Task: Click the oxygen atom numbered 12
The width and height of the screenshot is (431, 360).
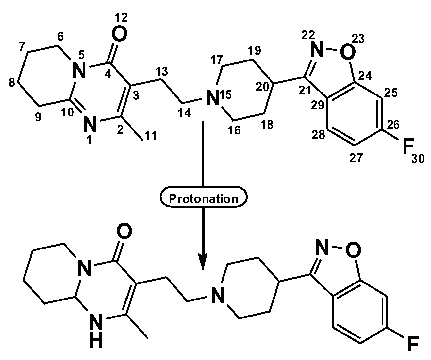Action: [x=119, y=35]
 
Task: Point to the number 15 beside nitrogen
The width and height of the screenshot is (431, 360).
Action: [x=225, y=95]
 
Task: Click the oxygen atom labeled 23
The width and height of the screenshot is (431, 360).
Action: [x=347, y=51]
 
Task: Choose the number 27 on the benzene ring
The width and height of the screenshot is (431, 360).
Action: [x=356, y=158]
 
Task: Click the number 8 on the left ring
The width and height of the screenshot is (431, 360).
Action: [x=12, y=83]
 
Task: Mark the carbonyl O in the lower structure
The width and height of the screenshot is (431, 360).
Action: [x=124, y=231]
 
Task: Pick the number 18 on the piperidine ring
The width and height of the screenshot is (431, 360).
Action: [x=267, y=124]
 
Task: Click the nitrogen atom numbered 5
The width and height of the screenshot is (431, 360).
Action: [x=79, y=70]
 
